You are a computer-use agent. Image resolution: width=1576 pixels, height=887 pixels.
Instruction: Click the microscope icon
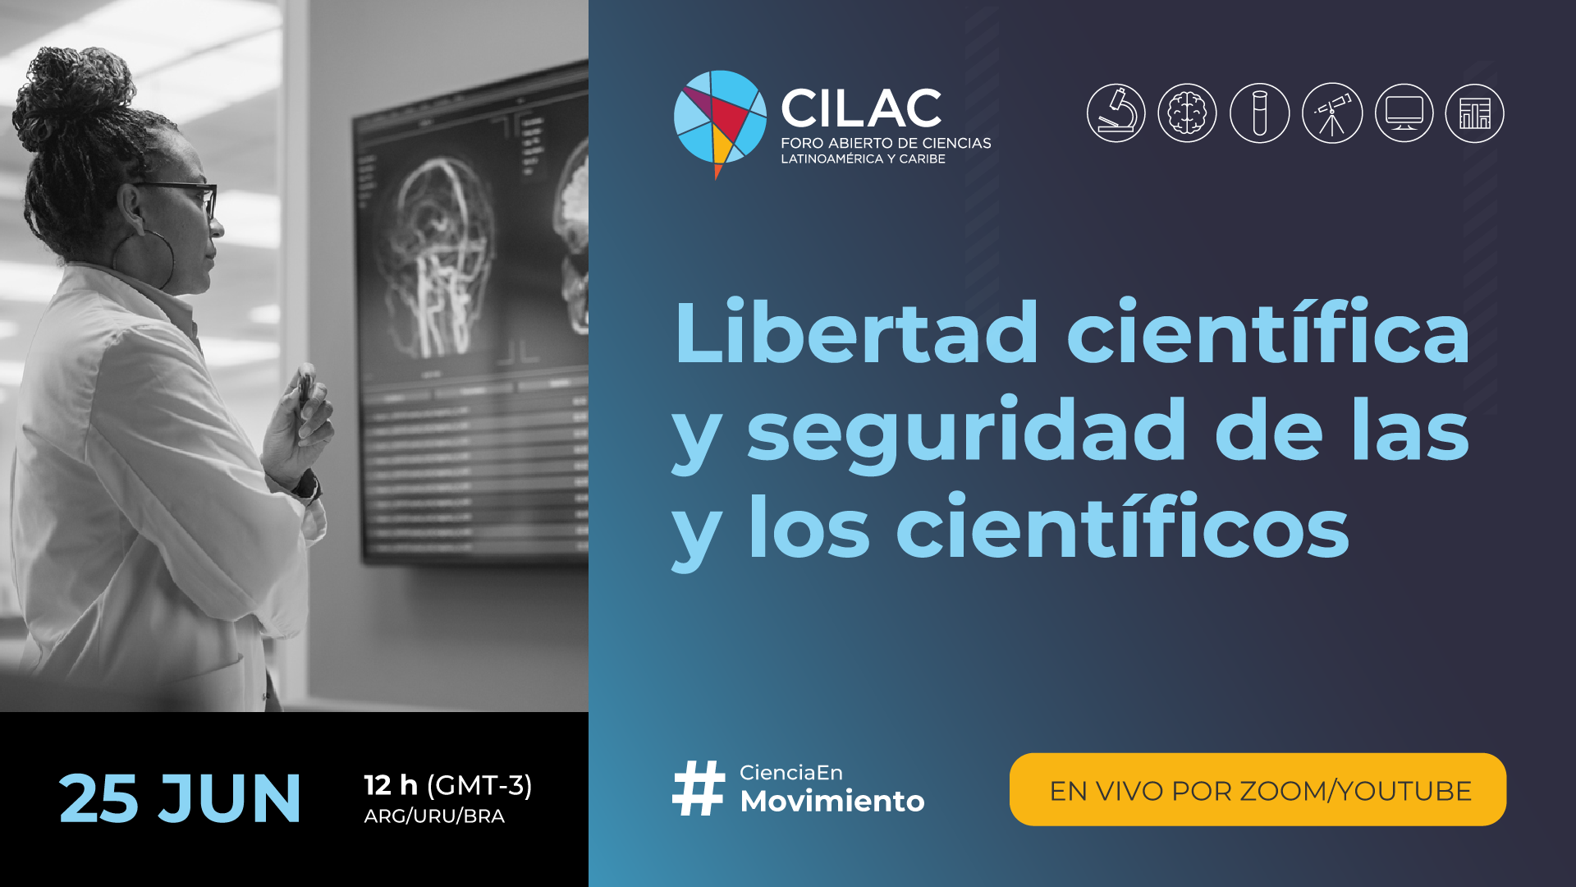tap(1116, 113)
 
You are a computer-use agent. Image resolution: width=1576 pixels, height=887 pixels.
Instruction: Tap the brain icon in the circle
tap(1187, 113)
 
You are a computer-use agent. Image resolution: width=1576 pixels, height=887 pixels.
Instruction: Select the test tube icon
tap(1259, 113)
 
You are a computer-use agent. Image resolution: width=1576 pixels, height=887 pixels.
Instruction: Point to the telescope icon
tap(1331, 113)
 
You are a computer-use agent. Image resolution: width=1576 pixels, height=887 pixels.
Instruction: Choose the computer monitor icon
tap(1404, 113)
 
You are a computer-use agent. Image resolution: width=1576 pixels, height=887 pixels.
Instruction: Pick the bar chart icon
tap(1474, 113)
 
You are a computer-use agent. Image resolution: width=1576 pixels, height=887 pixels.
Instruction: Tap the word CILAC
tap(861, 108)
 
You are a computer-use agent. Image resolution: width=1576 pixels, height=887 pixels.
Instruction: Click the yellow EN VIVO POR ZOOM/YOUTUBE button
tap(1258, 789)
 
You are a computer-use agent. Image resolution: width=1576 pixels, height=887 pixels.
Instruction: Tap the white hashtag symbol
tap(699, 788)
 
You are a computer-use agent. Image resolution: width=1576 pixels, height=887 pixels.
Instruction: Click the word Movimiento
tap(832, 801)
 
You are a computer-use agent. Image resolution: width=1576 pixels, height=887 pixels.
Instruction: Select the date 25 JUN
tap(180, 797)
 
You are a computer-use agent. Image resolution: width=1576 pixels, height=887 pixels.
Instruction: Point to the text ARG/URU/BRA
tap(434, 816)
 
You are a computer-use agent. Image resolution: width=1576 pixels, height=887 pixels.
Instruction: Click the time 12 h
tap(391, 785)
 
